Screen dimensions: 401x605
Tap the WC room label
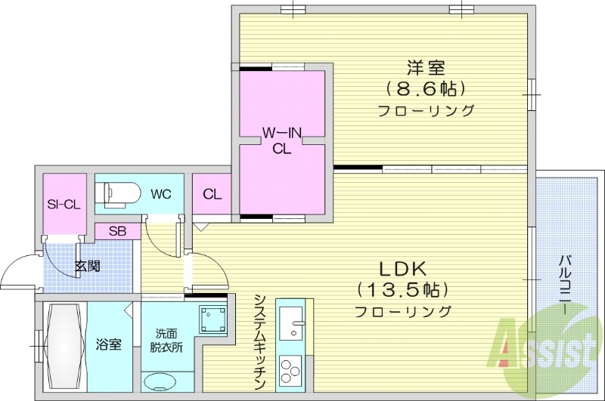160,194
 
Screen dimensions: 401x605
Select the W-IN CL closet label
282,141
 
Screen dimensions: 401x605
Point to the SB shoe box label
117,231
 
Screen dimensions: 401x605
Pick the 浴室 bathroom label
108,344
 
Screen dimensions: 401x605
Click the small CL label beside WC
212,194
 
